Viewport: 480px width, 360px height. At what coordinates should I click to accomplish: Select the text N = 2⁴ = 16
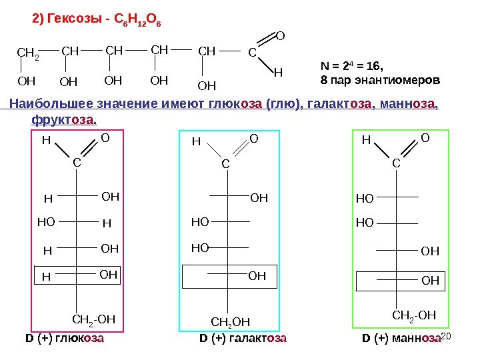(353, 67)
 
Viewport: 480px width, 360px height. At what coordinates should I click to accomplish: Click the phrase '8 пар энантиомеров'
(380, 80)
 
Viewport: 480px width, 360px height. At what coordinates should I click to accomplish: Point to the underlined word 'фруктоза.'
(65, 121)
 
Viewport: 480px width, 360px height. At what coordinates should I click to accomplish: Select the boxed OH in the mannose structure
(431, 281)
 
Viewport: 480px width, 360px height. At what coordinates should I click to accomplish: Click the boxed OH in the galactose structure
(257, 275)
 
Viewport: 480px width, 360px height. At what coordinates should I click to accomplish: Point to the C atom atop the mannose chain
(396, 163)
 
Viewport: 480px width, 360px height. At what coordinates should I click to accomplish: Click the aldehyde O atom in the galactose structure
(253, 138)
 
